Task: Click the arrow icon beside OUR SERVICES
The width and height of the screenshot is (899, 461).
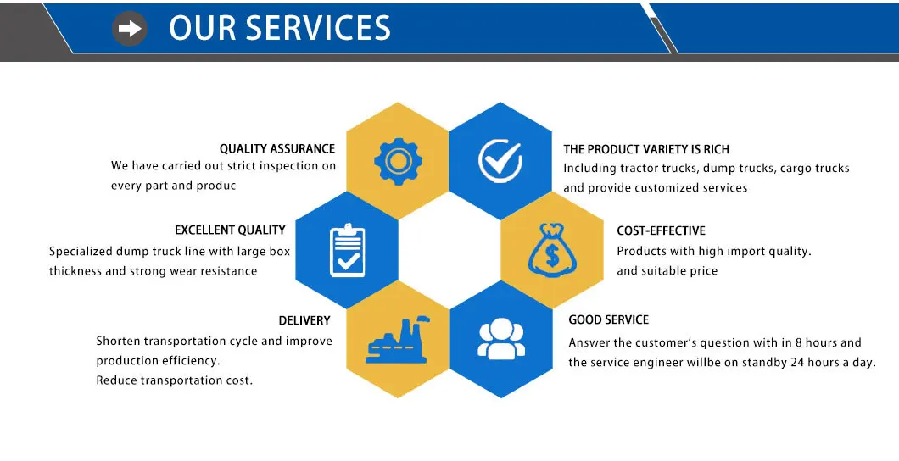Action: (130, 29)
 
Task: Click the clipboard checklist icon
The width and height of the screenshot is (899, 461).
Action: (346, 249)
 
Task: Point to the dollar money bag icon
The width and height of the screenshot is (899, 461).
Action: (551, 249)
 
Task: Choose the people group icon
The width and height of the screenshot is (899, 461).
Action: (501, 338)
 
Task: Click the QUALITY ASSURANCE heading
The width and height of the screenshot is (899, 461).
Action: (277, 149)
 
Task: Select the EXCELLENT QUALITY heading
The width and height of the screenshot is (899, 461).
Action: (230, 230)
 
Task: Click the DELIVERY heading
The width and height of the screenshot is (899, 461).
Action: (304, 320)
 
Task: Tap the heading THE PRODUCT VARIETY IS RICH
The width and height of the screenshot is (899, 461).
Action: (646, 149)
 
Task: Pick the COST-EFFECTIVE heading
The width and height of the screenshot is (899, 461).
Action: (661, 230)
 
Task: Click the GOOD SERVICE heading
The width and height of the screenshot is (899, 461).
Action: (608, 319)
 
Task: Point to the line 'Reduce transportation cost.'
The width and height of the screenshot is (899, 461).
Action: (174, 380)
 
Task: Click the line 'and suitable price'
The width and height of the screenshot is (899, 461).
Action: (667, 271)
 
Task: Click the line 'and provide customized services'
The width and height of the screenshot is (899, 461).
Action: (655, 188)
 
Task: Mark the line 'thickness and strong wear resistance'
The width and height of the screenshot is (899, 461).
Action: (153, 271)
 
